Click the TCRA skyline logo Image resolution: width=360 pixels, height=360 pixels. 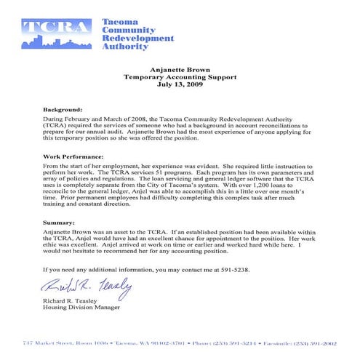point(57,33)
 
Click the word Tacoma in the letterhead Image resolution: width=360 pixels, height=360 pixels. point(117,23)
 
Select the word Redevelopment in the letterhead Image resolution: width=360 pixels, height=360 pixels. point(138,38)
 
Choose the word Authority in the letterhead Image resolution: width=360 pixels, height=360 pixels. point(126,45)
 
